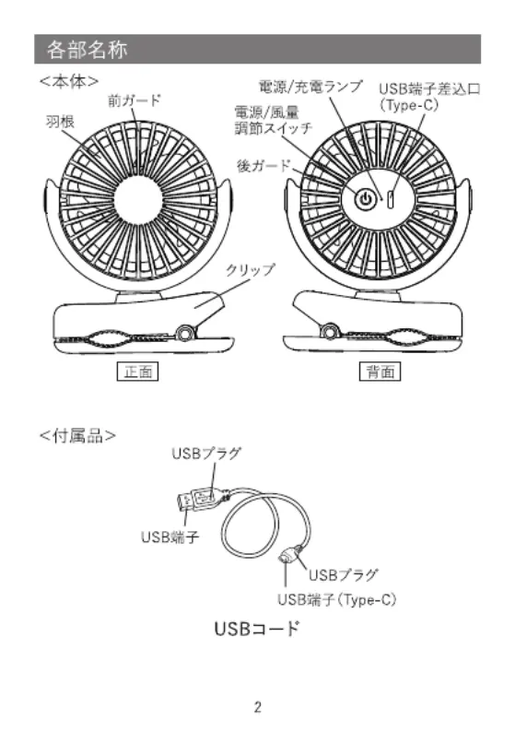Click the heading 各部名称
coord(87,50)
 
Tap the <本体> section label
coord(69,81)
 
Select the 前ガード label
coord(135,100)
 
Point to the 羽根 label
coord(60,122)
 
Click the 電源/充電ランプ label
coord(310,87)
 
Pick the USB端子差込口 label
coord(429,89)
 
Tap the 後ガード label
coord(264,165)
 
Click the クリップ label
coord(250,270)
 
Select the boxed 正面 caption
coord(137,372)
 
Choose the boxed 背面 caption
coord(380,372)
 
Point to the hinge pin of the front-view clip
coord(184,333)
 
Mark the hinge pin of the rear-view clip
coord(330,332)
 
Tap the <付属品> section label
coord(78,435)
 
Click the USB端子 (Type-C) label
coord(337,599)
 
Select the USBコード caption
coord(257,629)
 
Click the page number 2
coord(258,707)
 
